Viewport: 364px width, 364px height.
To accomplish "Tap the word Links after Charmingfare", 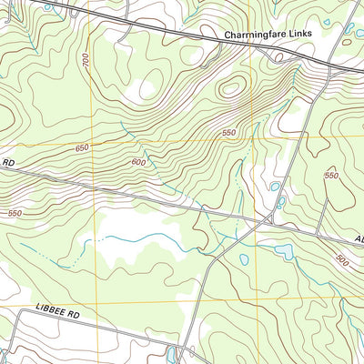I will [x=300, y=36].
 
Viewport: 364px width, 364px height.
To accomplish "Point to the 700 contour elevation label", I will [x=85, y=62].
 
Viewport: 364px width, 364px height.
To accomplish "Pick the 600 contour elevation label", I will [x=138, y=162].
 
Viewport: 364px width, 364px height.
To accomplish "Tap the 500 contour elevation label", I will [x=341, y=259].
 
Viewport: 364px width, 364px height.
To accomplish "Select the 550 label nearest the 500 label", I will [x=331, y=175].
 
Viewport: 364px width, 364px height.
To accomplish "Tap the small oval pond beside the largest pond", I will [x=244, y=259].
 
